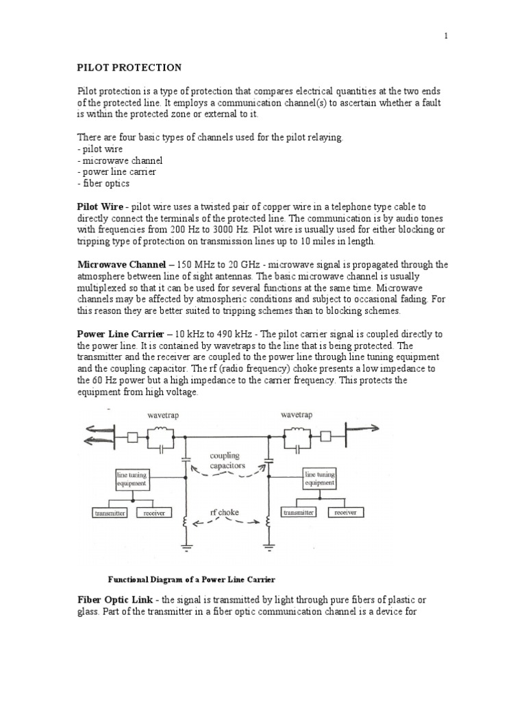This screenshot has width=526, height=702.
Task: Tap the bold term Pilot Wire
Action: (100, 206)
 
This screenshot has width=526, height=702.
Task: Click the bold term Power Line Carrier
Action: (122, 334)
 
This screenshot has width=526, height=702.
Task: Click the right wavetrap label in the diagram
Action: (297, 415)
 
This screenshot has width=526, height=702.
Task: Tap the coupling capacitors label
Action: (227, 460)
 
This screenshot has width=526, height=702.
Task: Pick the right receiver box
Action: (345, 512)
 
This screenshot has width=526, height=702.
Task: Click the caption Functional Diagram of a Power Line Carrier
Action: (192, 579)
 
